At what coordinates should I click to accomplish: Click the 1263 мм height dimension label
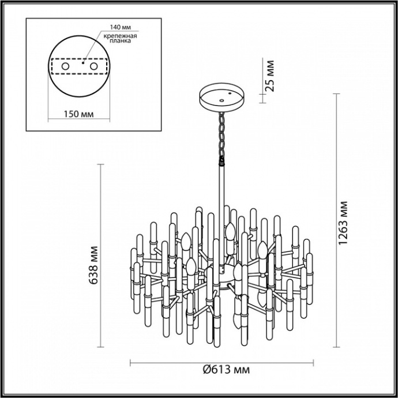click(344, 224)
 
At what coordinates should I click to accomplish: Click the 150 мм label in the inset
click(78, 114)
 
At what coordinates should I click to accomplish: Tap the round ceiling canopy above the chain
click(221, 97)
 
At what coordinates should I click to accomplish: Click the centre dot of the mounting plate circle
click(82, 65)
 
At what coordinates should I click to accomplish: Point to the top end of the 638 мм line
click(102, 165)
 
